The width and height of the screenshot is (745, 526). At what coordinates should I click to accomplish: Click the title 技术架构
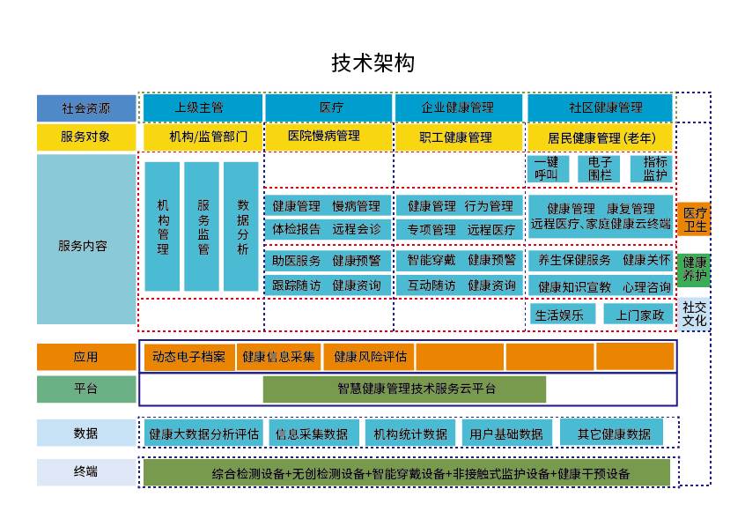(372, 63)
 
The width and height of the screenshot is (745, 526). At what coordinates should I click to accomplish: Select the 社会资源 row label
(86, 108)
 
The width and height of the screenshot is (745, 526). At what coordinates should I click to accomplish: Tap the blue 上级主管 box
(202, 107)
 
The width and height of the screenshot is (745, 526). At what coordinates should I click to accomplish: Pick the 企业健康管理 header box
(458, 107)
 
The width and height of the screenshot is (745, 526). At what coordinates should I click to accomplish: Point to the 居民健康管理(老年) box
(600, 137)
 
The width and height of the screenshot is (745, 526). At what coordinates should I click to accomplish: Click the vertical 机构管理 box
(163, 226)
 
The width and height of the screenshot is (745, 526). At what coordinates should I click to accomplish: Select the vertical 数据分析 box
(241, 226)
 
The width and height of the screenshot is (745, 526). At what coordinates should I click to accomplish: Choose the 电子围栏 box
(600, 168)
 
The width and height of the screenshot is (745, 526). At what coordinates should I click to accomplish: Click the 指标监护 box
(653, 168)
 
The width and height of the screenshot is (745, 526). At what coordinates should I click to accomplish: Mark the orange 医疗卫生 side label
(695, 219)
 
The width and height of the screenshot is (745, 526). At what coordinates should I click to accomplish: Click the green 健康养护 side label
(695, 269)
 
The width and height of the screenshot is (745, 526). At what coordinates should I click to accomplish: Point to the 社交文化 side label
(695, 313)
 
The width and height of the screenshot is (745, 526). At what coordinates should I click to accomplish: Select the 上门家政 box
(638, 315)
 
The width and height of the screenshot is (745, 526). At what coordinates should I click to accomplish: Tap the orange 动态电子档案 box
(189, 357)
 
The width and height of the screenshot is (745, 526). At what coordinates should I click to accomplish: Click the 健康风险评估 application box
(369, 357)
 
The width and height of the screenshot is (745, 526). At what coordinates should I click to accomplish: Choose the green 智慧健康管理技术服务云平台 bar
(404, 389)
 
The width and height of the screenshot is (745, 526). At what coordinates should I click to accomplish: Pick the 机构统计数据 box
(409, 433)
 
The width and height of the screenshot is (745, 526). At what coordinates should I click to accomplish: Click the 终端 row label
(86, 472)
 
